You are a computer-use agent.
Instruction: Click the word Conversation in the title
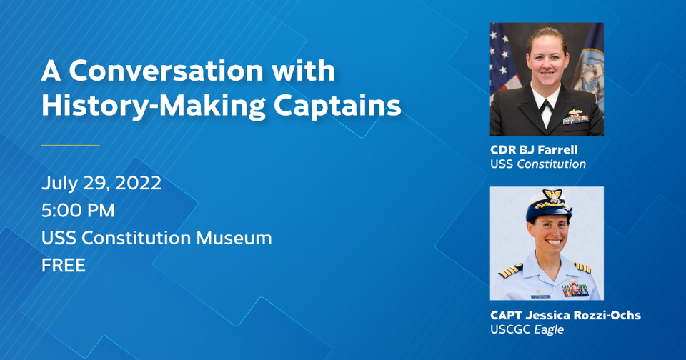click(x=166, y=71)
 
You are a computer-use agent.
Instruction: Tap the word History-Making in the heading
click(x=153, y=106)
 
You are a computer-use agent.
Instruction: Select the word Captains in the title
click(x=337, y=106)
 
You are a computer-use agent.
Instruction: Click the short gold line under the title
click(x=70, y=145)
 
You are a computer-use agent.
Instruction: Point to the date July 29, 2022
click(x=101, y=183)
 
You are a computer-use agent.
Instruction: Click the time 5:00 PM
click(x=78, y=211)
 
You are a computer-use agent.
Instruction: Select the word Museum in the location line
click(x=234, y=238)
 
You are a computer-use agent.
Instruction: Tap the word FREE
click(x=64, y=266)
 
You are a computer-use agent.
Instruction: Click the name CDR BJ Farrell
click(x=534, y=149)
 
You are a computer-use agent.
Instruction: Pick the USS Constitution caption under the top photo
click(x=538, y=164)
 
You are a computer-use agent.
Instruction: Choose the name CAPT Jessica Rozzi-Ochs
click(x=565, y=315)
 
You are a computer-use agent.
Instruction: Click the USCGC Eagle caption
click(x=527, y=329)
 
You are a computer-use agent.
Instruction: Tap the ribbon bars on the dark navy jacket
click(x=575, y=119)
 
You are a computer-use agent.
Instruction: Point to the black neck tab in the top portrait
click(x=545, y=106)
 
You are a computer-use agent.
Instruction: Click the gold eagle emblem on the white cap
click(x=552, y=196)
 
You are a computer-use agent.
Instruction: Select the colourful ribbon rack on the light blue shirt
click(x=575, y=289)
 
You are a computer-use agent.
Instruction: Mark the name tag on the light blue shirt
click(x=540, y=296)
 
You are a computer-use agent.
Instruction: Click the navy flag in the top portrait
click(x=588, y=66)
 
